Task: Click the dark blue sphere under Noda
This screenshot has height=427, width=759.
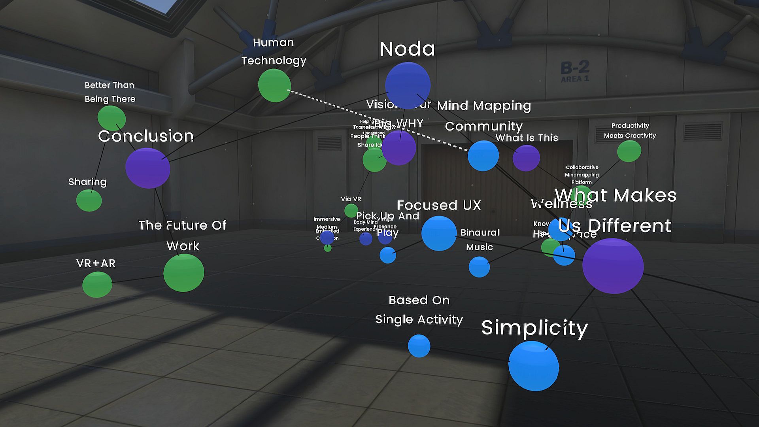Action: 408,85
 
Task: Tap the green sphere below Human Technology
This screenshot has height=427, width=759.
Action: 274,85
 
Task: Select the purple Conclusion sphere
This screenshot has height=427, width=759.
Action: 147,168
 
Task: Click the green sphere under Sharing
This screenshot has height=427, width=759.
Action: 89,200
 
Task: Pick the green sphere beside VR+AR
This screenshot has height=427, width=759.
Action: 97,284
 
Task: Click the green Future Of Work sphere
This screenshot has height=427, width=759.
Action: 184,273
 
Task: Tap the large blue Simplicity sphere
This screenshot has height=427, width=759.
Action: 533,366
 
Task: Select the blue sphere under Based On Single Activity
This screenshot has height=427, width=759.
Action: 419,346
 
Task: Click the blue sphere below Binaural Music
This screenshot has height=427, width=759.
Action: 479,267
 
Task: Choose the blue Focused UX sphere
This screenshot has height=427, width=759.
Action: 439,233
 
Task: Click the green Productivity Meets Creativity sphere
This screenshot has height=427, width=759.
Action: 629,151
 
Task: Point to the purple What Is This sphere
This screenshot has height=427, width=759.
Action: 526,158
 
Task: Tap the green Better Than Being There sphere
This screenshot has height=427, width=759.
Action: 111,118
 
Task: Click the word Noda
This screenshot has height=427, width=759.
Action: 408,49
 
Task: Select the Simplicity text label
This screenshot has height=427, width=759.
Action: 534,328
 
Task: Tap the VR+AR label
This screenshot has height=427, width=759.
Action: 96,263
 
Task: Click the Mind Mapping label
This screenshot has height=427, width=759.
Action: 484,106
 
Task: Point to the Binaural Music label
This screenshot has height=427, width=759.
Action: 480,240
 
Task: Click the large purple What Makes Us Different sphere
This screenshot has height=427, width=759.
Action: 613,266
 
